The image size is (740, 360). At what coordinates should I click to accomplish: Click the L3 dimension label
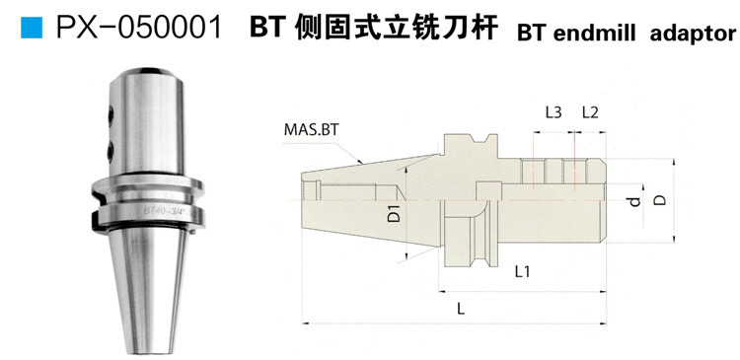pyautogui.click(x=554, y=112)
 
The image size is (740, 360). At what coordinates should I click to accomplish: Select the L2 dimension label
pyautogui.click(x=590, y=112)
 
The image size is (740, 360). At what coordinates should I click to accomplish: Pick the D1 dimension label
pyautogui.click(x=393, y=214)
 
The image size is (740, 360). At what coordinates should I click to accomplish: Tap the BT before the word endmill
pyautogui.click(x=531, y=34)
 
